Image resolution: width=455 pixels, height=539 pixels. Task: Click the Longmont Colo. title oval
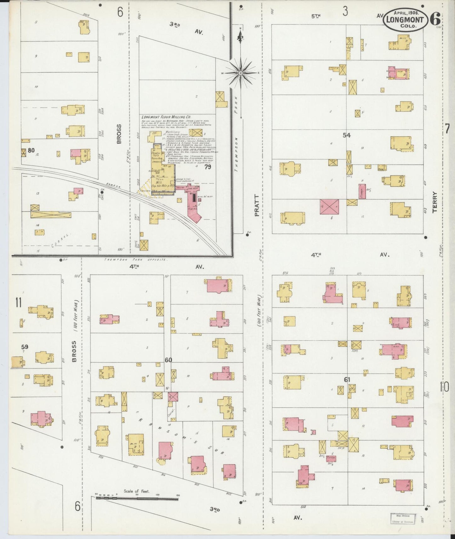(405, 19)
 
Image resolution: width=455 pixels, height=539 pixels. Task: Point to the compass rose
(241, 73)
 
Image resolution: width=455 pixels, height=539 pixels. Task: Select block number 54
(347, 135)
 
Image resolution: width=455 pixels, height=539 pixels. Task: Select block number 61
(347, 380)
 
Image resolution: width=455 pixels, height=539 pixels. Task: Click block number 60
(168, 359)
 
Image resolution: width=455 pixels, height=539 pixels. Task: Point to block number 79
(208, 167)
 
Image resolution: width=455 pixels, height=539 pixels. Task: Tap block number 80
(31, 150)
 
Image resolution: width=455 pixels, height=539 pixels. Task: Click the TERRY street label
(435, 203)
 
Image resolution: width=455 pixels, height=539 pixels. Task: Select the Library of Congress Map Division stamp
(403, 518)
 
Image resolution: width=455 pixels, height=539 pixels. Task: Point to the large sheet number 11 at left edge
(18, 303)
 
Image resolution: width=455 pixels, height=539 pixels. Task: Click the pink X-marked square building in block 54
(329, 207)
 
